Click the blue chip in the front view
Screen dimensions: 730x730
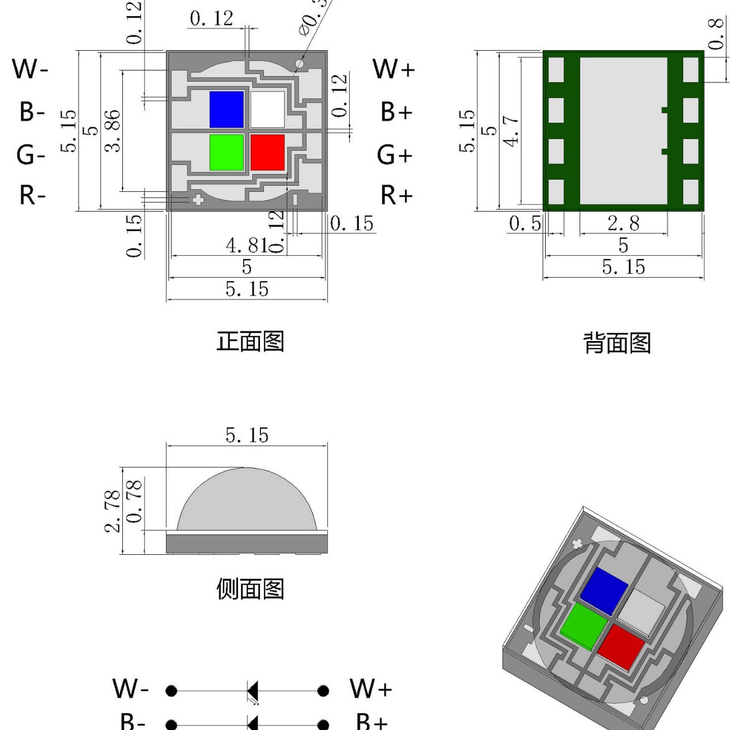226,109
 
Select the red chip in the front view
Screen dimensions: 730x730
267,153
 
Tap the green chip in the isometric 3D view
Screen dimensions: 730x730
583,626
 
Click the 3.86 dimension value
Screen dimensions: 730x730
114,130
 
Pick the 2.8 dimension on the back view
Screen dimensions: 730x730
623,224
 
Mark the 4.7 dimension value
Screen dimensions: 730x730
511,130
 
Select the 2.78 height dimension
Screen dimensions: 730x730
114,510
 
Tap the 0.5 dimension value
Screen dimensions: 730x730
525,224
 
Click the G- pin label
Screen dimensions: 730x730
31,155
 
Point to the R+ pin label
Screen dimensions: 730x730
396,196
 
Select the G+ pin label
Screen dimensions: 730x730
395,155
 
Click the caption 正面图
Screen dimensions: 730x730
250,341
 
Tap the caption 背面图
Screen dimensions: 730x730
617,343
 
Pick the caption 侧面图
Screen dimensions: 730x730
250,589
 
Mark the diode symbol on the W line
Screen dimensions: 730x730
252,690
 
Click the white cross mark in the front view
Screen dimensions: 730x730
198,200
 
